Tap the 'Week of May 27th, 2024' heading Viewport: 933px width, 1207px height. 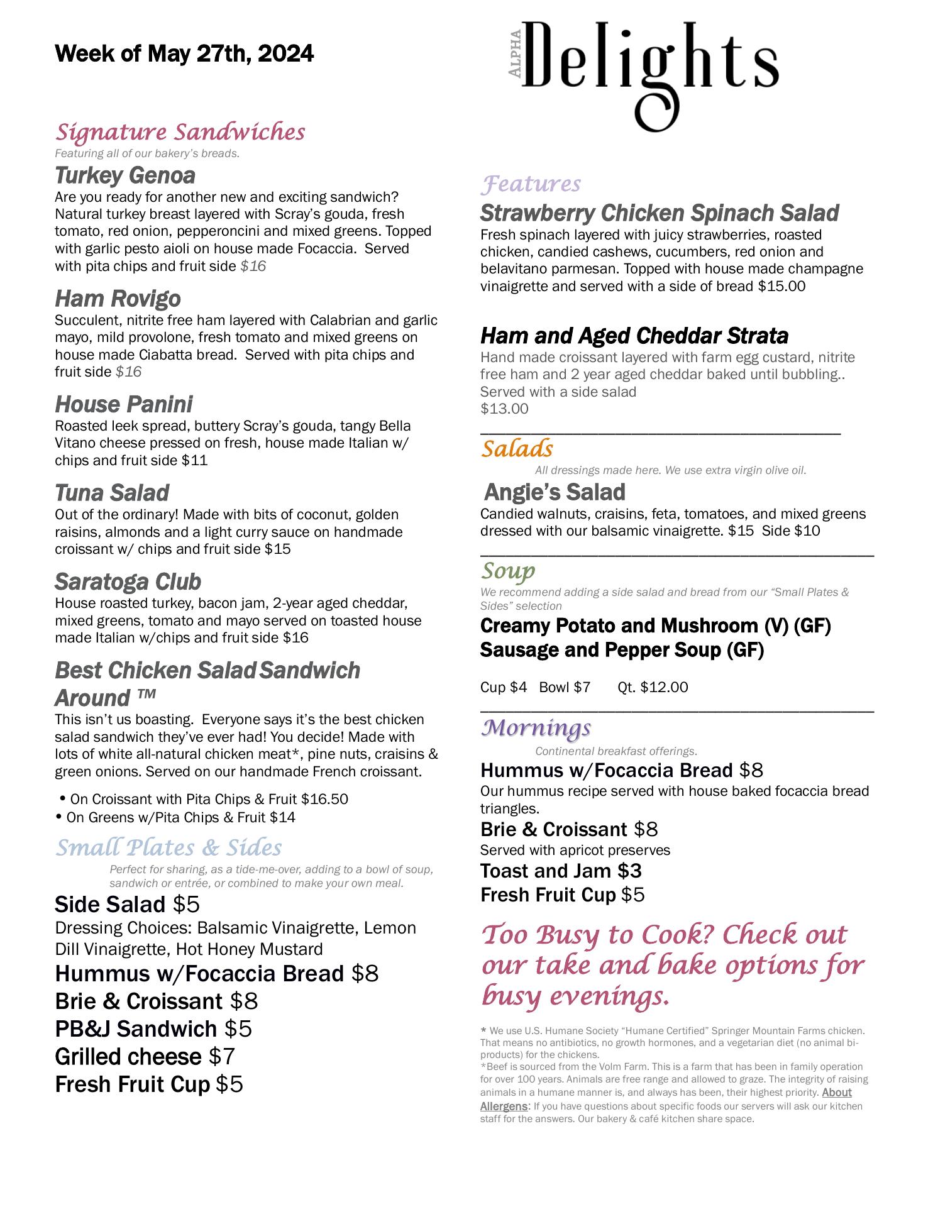(x=184, y=54)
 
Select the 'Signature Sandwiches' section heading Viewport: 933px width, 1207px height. (x=180, y=133)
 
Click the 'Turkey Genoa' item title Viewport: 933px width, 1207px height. (x=125, y=175)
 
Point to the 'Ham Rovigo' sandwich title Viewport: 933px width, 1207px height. (x=118, y=299)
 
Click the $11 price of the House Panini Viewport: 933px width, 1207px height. (x=195, y=460)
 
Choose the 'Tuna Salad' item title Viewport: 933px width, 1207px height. (x=112, y=493)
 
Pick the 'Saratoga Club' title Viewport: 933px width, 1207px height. (x=128, y=581)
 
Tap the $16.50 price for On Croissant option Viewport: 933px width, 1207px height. (x=324, y=799)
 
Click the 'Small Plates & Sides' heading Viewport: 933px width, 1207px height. (x=168, y=847)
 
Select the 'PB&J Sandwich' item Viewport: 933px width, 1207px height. (x=136, y=1028)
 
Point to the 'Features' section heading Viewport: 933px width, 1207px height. (x=531, y=184)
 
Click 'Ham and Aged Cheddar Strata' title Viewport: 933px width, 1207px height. (x=634, y=336)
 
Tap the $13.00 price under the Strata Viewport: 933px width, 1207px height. (x=504, y=409)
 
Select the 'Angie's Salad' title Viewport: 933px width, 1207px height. (x=555, y=492)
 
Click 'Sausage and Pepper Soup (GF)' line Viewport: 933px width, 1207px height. (x=622, y=649)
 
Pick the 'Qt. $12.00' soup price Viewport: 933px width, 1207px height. (x=653, y=687)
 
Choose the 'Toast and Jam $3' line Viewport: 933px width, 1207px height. (x=561, y=871)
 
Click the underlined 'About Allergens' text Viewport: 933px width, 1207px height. (x=836, y=1093)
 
